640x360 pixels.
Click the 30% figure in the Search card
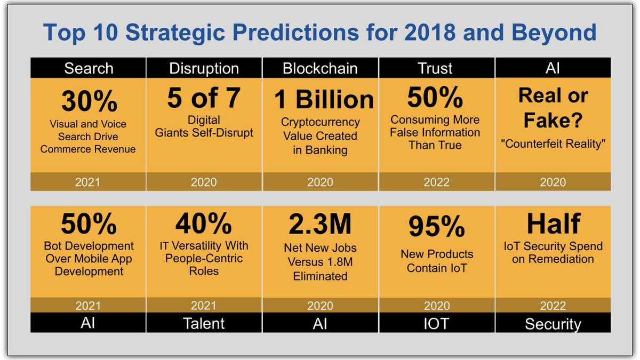88,100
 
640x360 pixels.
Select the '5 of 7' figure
204,98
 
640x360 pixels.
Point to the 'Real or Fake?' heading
553,108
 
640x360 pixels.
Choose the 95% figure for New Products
436,227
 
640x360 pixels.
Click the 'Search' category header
89,68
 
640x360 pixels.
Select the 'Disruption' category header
204,68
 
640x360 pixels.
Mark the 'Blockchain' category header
320,68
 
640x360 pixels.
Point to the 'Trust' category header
436,68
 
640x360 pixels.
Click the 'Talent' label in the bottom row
204,323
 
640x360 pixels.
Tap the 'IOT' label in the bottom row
436,323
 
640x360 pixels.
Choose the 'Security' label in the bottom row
553,323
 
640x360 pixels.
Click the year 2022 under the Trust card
436,182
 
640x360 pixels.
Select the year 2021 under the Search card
88,182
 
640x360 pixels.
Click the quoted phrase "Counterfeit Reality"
553,145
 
